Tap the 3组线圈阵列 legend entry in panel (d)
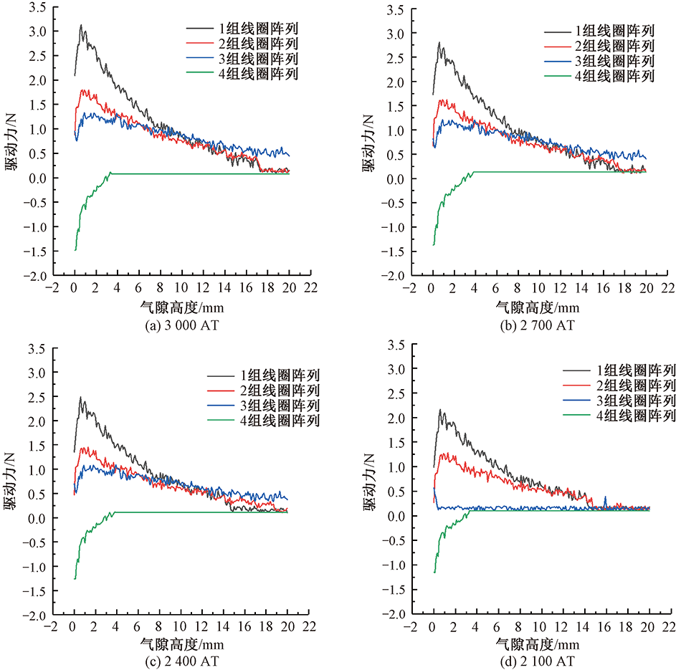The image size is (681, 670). point(624,400)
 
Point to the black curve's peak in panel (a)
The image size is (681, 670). point(81,25)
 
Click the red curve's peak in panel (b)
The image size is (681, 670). point(441,100)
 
